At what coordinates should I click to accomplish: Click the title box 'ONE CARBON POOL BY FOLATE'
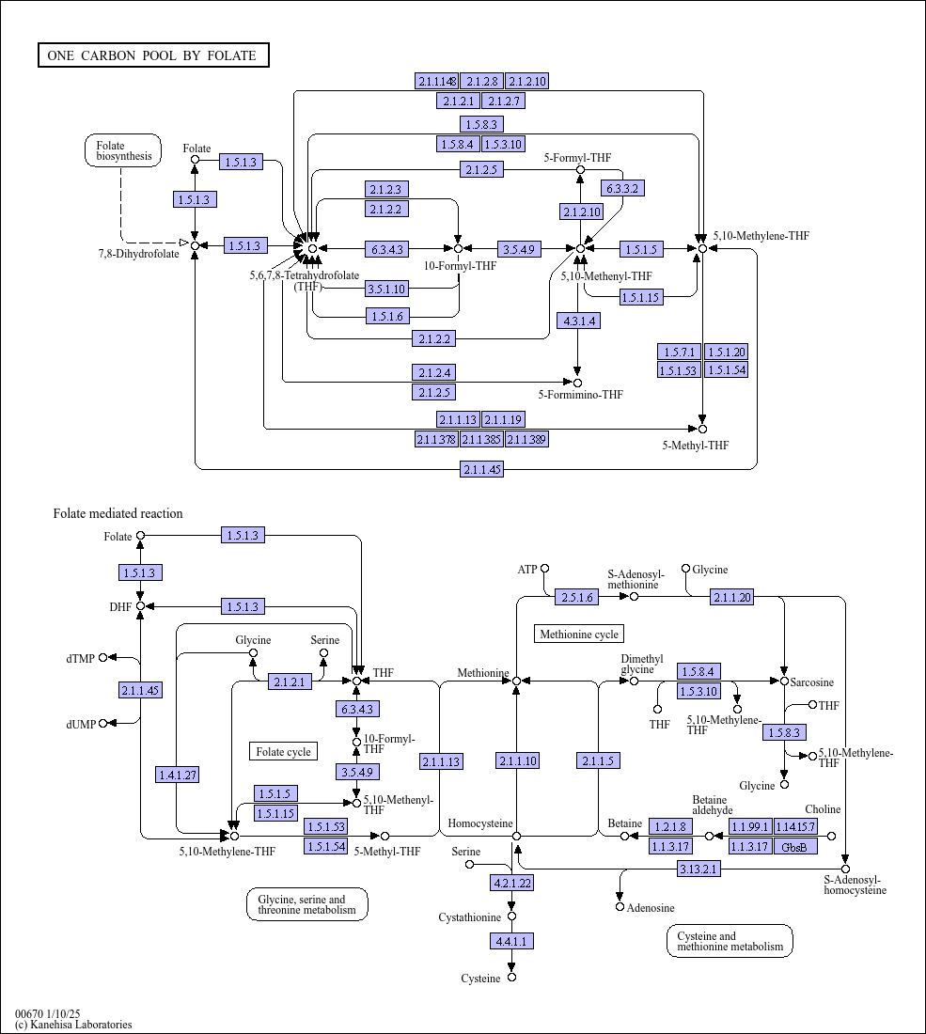(x=153, y=55)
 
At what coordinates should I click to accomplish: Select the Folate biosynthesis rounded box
(x=122, y=150)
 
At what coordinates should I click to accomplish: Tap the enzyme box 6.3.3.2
(x=622, y=188)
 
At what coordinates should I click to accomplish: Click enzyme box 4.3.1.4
(x=578, y=321)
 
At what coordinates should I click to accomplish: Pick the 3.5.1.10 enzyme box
(x=386, y=289)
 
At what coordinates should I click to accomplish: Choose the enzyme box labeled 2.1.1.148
(x=436, y=81)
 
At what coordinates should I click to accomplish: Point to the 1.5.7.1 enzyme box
(x=679, y=352)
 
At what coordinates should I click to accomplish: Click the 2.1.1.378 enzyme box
(x=436, y=439)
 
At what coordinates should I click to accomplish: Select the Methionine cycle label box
(x=579, y=634)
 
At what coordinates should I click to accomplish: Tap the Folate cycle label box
(x=284, y=752)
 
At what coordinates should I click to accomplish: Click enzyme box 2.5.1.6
(x=577, y=598)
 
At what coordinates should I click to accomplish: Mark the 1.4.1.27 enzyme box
(x=178, y=775)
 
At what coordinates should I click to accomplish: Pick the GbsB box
(x=795, y=846)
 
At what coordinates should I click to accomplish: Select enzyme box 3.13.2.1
(x=698, y=869)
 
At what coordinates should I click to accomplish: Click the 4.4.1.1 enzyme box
(x=511, y=941)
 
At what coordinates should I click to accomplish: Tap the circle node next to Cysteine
(x=511, y=978)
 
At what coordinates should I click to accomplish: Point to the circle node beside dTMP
(x=102, y=657)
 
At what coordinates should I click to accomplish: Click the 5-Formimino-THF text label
(x=580, y=395)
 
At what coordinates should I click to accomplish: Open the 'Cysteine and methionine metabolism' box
(x=730, y=941)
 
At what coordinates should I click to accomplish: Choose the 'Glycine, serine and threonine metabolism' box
(x=307, y=904)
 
